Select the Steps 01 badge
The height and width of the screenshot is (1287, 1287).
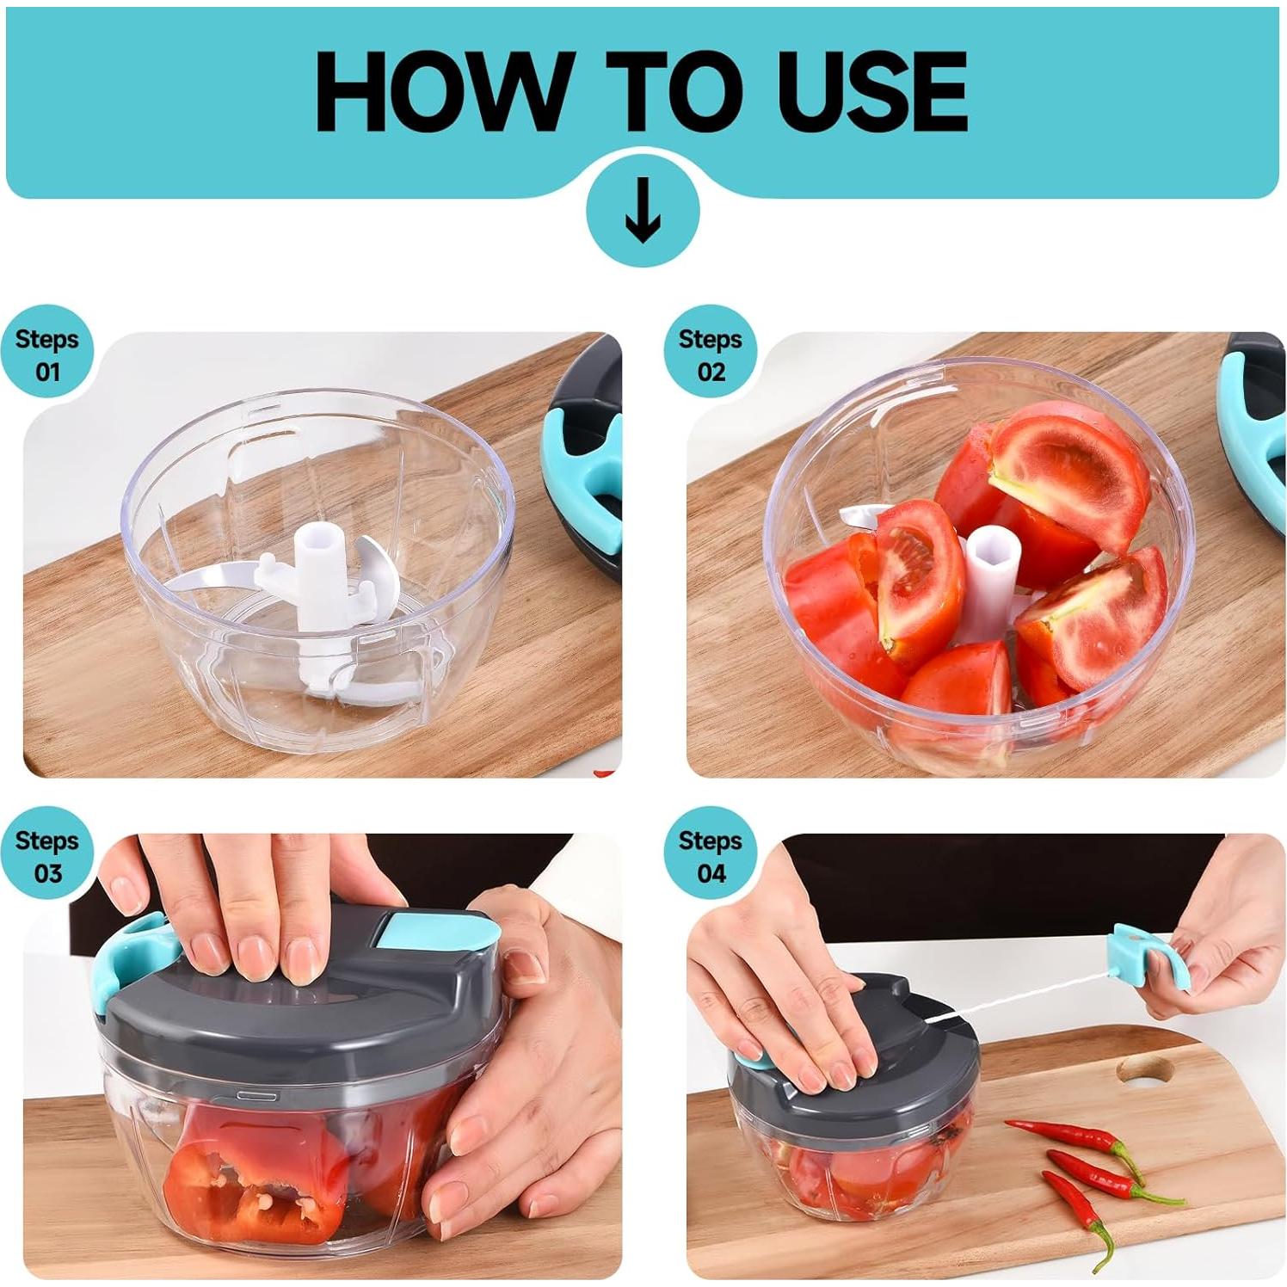click(x=46, y=354)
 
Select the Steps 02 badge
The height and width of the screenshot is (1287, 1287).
click(x=710, y=354)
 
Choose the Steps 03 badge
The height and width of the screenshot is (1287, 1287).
click(x=46, y=856)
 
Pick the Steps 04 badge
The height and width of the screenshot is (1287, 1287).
click(x=710, y=856)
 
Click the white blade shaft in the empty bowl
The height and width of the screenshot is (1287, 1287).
click(x=318, y=585)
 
